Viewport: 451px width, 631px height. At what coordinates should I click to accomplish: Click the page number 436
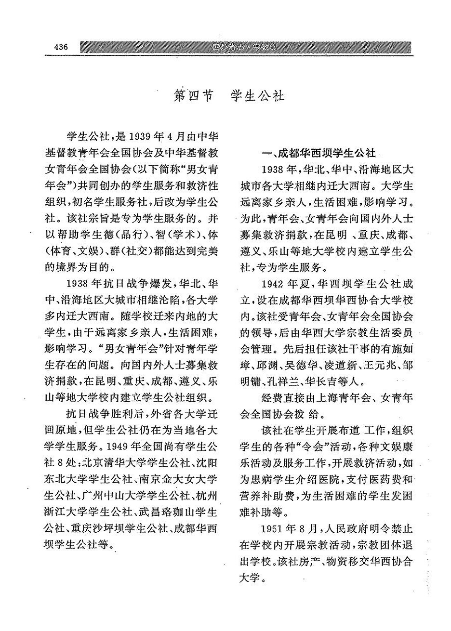click(61, 47)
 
